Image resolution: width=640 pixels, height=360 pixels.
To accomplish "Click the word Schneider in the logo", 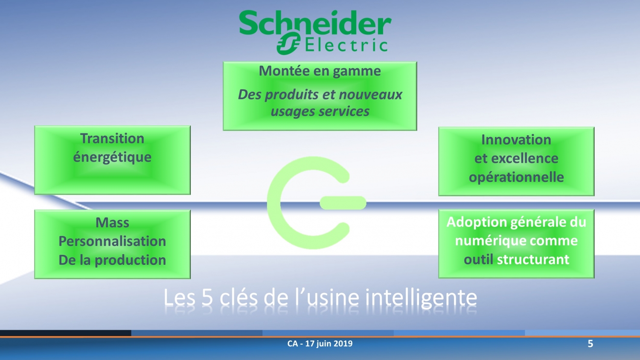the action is click(315, 23).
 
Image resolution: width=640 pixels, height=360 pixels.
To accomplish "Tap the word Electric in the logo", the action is click(346, 45).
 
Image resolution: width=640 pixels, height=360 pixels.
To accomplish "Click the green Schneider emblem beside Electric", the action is click(288, 43).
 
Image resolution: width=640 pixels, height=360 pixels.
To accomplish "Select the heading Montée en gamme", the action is click(320, 71).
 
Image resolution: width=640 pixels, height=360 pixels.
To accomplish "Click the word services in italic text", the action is click(344, 111).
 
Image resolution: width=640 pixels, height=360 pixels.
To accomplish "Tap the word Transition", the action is click(112, 139).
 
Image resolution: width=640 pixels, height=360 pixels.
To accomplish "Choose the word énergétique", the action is click(112, 157).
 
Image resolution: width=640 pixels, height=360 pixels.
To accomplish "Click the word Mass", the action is click(112, 223).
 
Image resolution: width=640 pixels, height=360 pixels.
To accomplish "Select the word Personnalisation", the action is click(112, 241).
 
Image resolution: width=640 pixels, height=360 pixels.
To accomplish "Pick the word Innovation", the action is click(516, 140).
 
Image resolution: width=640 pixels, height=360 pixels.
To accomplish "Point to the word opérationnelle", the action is click(516, 177).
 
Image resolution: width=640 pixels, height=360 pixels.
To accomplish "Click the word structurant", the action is click(533, 259).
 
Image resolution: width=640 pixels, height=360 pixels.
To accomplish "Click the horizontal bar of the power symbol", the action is click(343, 203).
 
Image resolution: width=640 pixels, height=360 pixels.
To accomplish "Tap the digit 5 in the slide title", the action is click(207, 297).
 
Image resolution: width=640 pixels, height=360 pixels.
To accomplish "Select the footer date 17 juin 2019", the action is click(329, 343).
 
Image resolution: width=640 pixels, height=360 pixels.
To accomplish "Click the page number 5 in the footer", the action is click(590, 343).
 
